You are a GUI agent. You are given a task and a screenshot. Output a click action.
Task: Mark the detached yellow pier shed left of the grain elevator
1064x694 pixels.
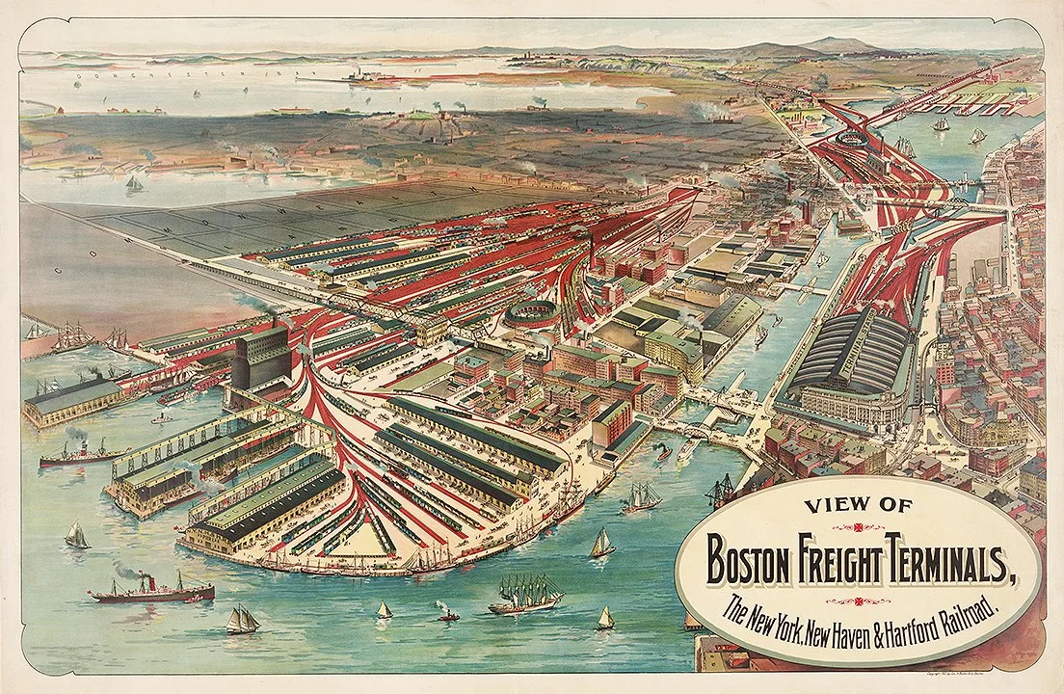coord(72,399)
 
